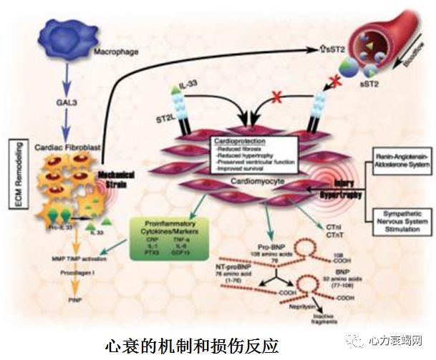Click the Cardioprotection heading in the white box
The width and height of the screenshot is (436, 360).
pos(237,142)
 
